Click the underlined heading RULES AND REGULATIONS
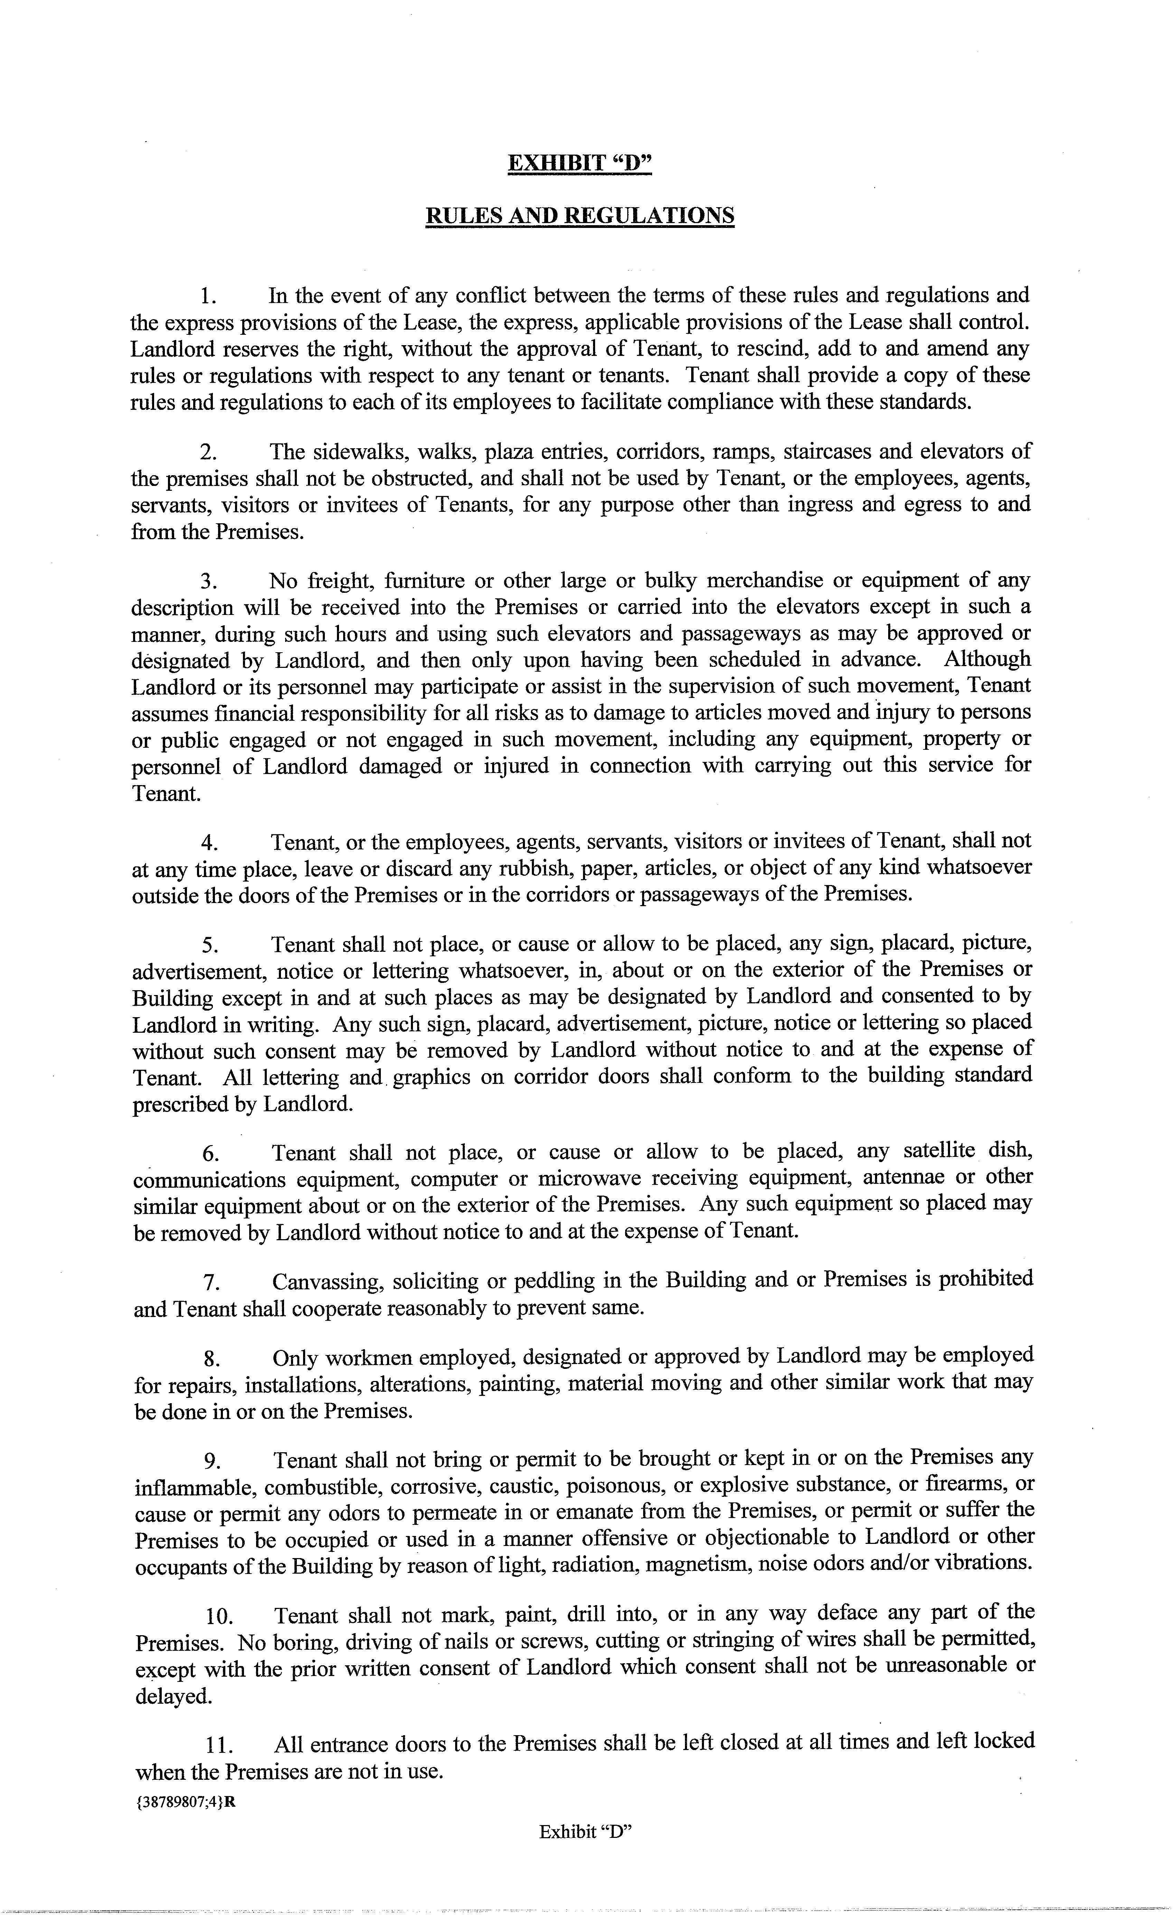tap(579, 214)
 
